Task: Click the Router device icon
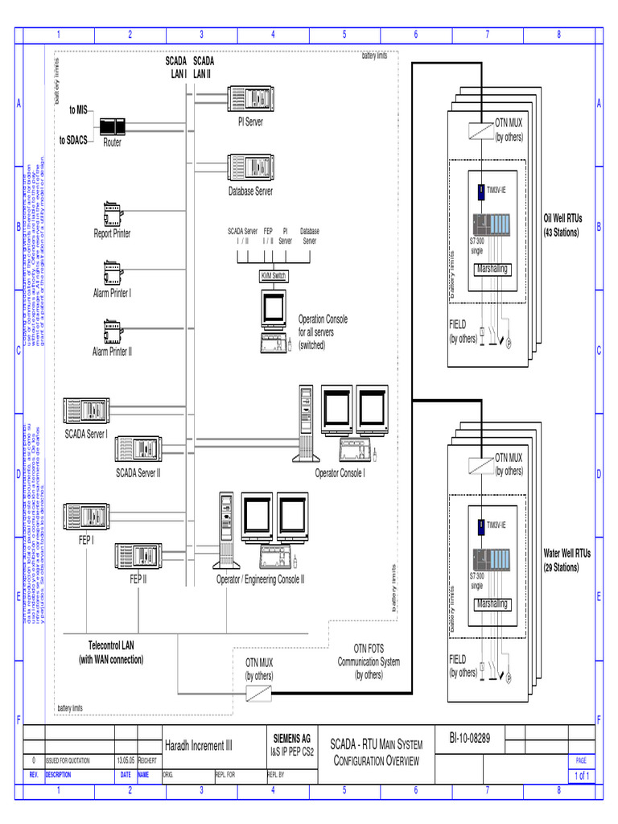(x=112, y=127)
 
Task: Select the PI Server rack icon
(x=249, y=99)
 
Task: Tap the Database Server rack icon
(x=249, y=168)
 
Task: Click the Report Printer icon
(x=111, y=214)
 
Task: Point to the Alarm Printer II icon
(x=111, y=332)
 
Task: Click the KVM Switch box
(x=273, y=276)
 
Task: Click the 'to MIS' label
(x=78, y=110)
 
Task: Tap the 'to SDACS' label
(x=73, y=140)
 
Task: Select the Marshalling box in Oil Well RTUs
(x=492, y=269)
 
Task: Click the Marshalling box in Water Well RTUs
(x=492, y=604)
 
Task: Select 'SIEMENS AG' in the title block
(x=292, y=738)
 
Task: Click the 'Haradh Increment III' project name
(x=198, y=746)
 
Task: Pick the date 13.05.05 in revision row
(x=126, y=760)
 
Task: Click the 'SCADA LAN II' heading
(x=204, y=67)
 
